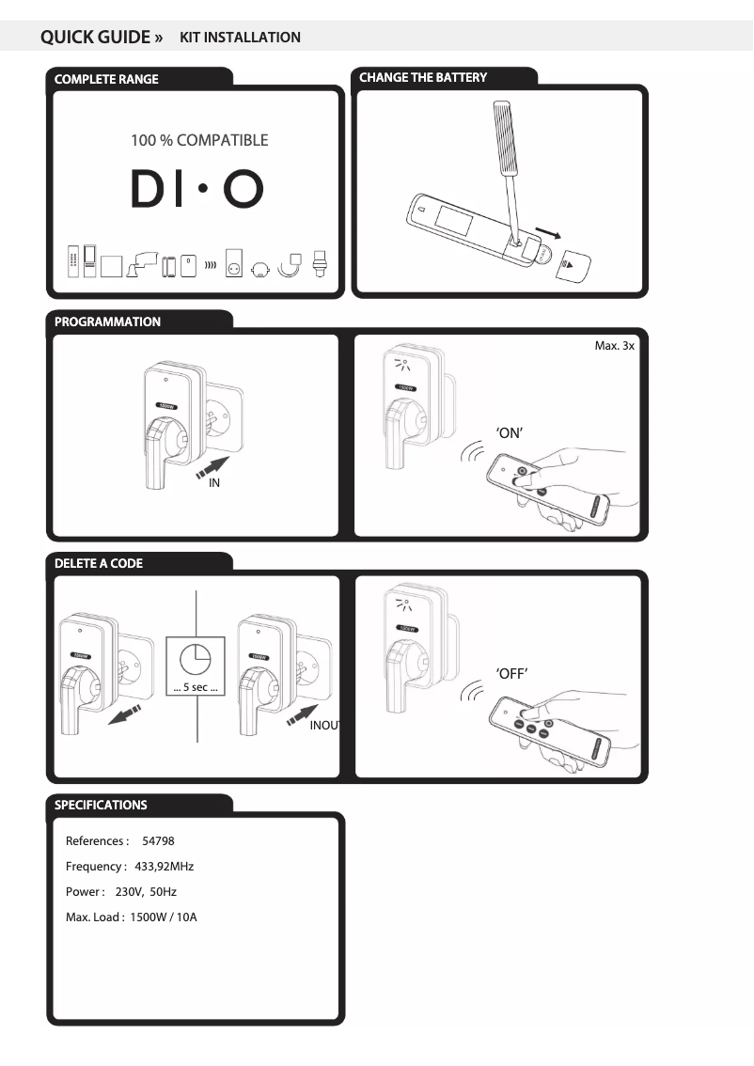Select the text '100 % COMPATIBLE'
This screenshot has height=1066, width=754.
199,141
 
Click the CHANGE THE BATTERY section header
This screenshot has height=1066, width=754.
423,78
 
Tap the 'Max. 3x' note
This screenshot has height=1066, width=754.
615,346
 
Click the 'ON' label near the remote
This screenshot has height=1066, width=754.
509,432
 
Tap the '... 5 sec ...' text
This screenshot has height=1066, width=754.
196,689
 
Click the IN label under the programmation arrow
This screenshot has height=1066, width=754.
214,483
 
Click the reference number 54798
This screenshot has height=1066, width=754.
158,840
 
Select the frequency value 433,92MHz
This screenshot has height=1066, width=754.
165,866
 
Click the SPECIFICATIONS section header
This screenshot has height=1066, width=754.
101,806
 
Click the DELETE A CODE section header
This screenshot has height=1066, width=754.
99,564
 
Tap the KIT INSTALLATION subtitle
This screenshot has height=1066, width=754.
240,38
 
